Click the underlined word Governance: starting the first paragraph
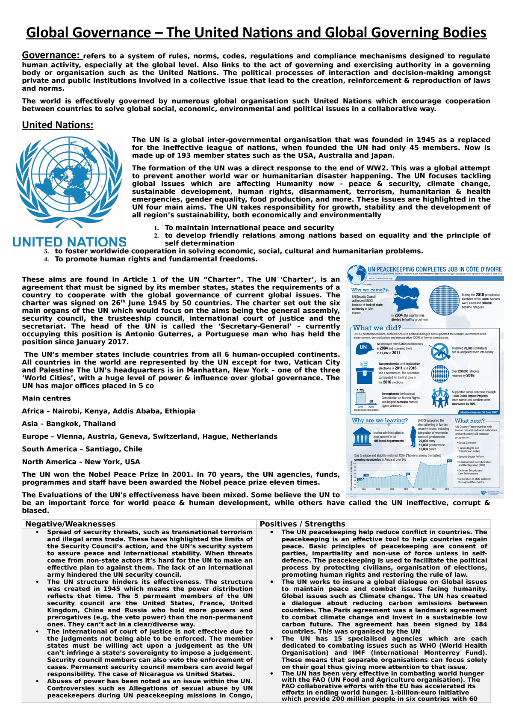tap(51, 55)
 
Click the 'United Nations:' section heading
tap(57, 125)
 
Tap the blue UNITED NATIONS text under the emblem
tap(69, 242)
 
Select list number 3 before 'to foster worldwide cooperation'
tap(46, 252)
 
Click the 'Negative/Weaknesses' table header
tap(70, 524)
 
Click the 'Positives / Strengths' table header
tap(302, 524)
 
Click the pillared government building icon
tap(362, 436)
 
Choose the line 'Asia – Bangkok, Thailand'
tap(69, 424)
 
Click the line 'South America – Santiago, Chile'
tap(82, 449)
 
